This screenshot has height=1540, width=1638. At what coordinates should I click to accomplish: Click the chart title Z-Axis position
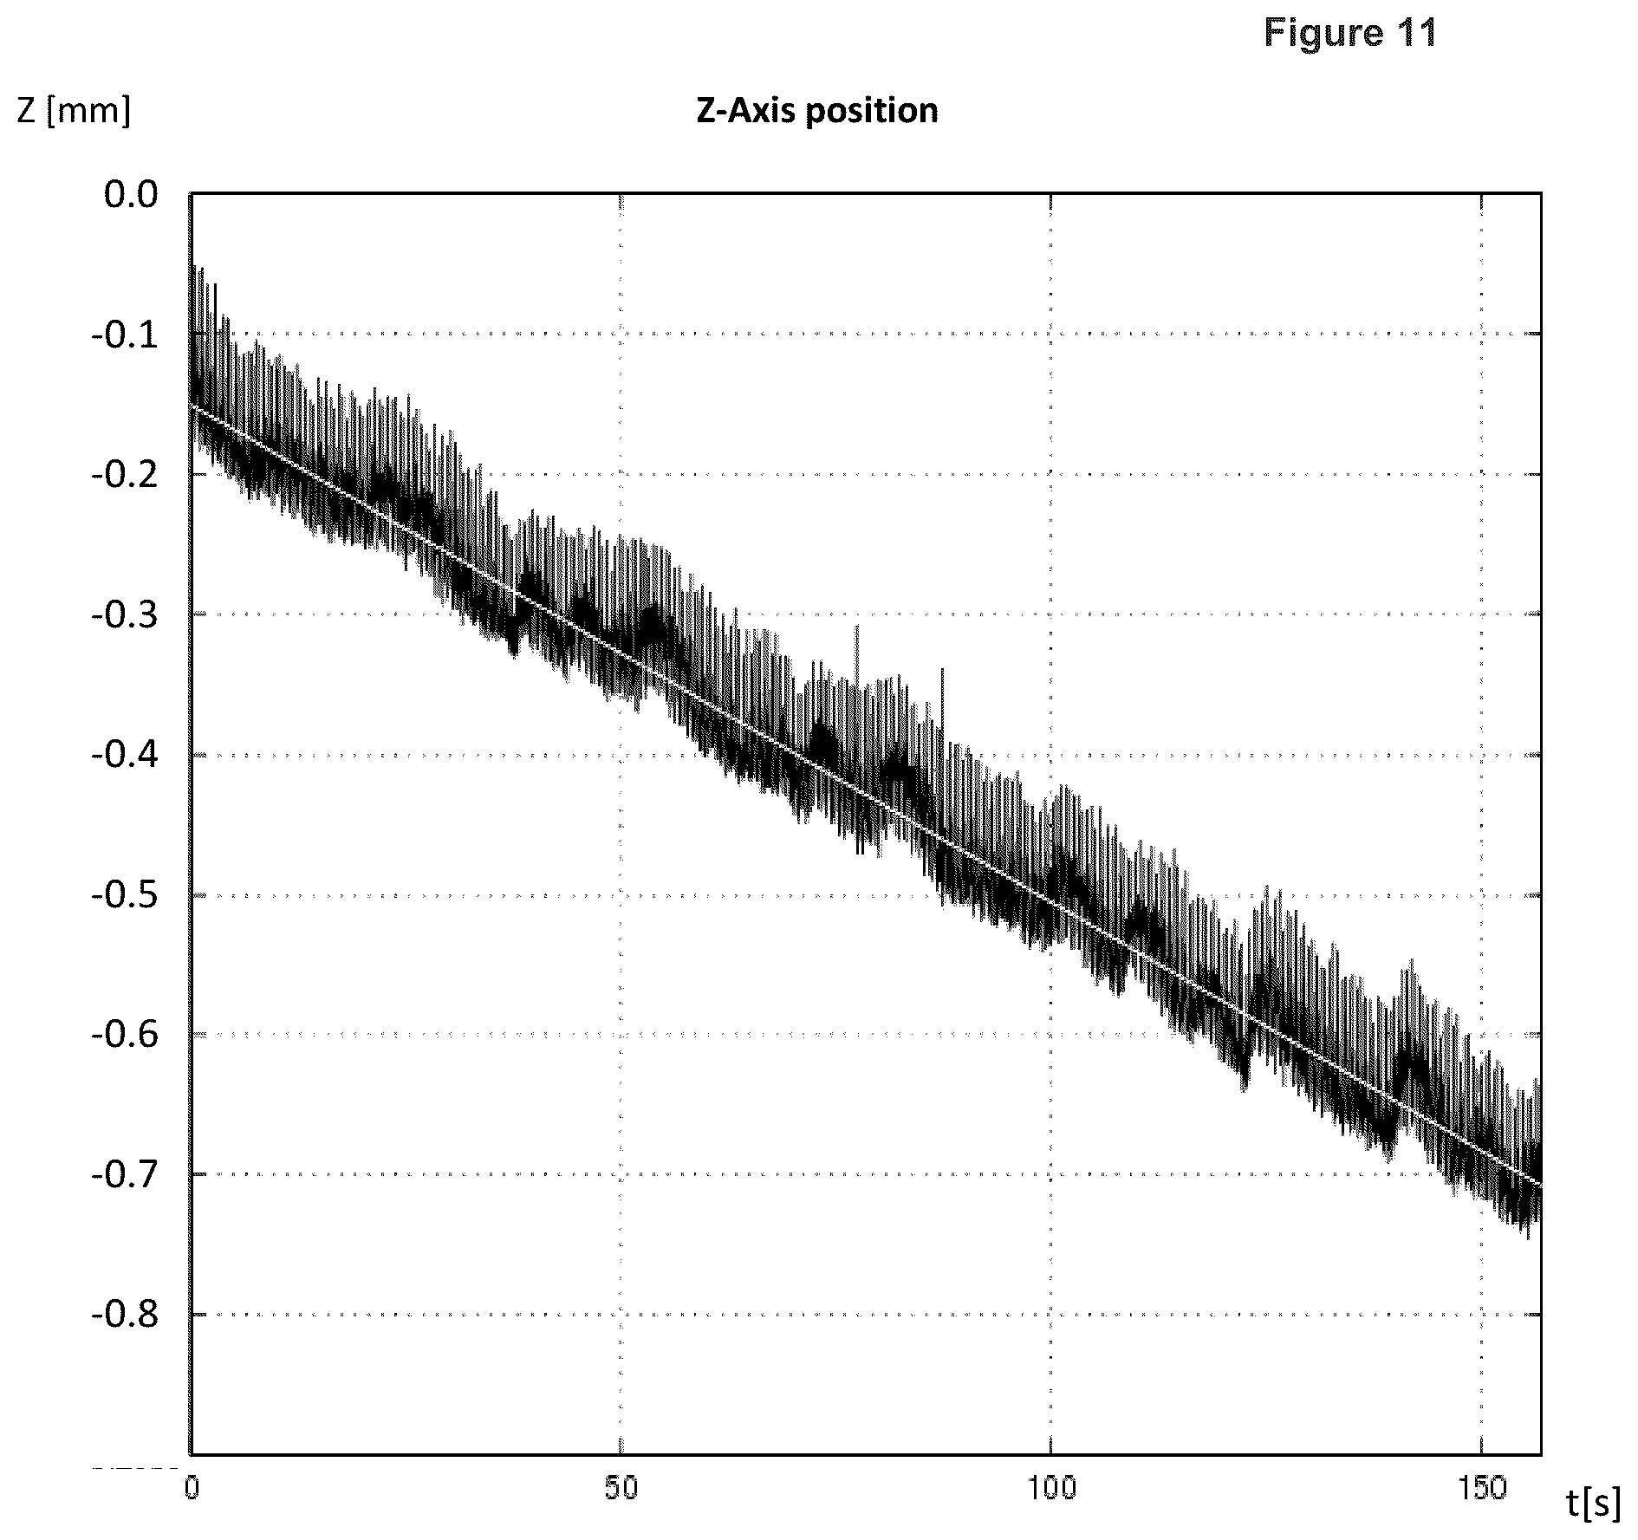point(817,112)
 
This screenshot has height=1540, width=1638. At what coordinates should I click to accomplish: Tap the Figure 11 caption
point(1350,33)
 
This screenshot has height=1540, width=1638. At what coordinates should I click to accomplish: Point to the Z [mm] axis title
point(75,113)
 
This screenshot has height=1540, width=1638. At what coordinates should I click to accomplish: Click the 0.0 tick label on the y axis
point(131,194)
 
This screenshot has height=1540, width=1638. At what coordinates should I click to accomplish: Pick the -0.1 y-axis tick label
point(125,335)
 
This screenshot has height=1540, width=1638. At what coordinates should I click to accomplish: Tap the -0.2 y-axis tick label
point(125,475)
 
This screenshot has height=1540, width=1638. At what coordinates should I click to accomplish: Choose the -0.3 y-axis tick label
point(125,615)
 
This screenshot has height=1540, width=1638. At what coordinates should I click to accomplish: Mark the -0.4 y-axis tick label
point(125,755)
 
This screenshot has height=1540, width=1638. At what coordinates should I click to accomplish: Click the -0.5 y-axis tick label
point(125,895)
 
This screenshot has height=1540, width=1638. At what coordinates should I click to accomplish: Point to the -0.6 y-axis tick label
point(125,1035)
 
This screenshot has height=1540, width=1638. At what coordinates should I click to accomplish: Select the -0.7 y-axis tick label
point(125,1175)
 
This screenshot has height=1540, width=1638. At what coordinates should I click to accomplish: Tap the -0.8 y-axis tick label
point(125,1315)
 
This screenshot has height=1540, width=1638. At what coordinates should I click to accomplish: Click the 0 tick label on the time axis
point(192,1488)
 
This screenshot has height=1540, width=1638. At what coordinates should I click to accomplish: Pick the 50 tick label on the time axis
point(621,1488)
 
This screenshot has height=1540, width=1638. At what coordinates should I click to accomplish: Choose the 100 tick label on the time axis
point(1050,1488)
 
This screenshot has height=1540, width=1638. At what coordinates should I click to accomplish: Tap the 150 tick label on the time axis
point(1480,1488)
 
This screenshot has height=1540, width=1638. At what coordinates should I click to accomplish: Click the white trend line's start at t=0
point(192,406)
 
